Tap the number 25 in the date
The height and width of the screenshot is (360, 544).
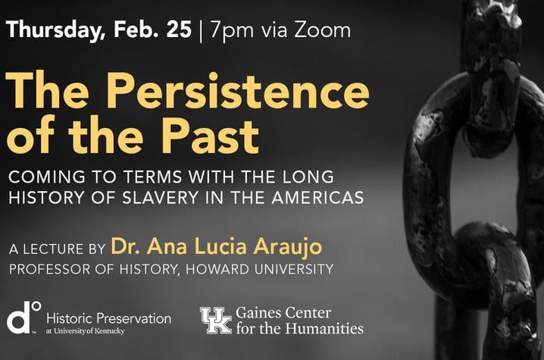[x=179, y=29]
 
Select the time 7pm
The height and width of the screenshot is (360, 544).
[x=232, y=31]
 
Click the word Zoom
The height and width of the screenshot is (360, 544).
[x=322, y=30]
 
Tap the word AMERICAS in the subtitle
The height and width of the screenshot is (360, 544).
[x=317, y=198]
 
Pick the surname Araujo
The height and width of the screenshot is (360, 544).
[x=288, y=247]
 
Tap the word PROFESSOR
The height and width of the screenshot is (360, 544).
[x=49, y=269]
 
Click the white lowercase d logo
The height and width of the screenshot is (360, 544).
[x=20, y=318]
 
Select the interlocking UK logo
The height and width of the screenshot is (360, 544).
[x=216, y=320]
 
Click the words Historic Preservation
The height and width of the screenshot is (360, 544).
[x=108, y=318]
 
